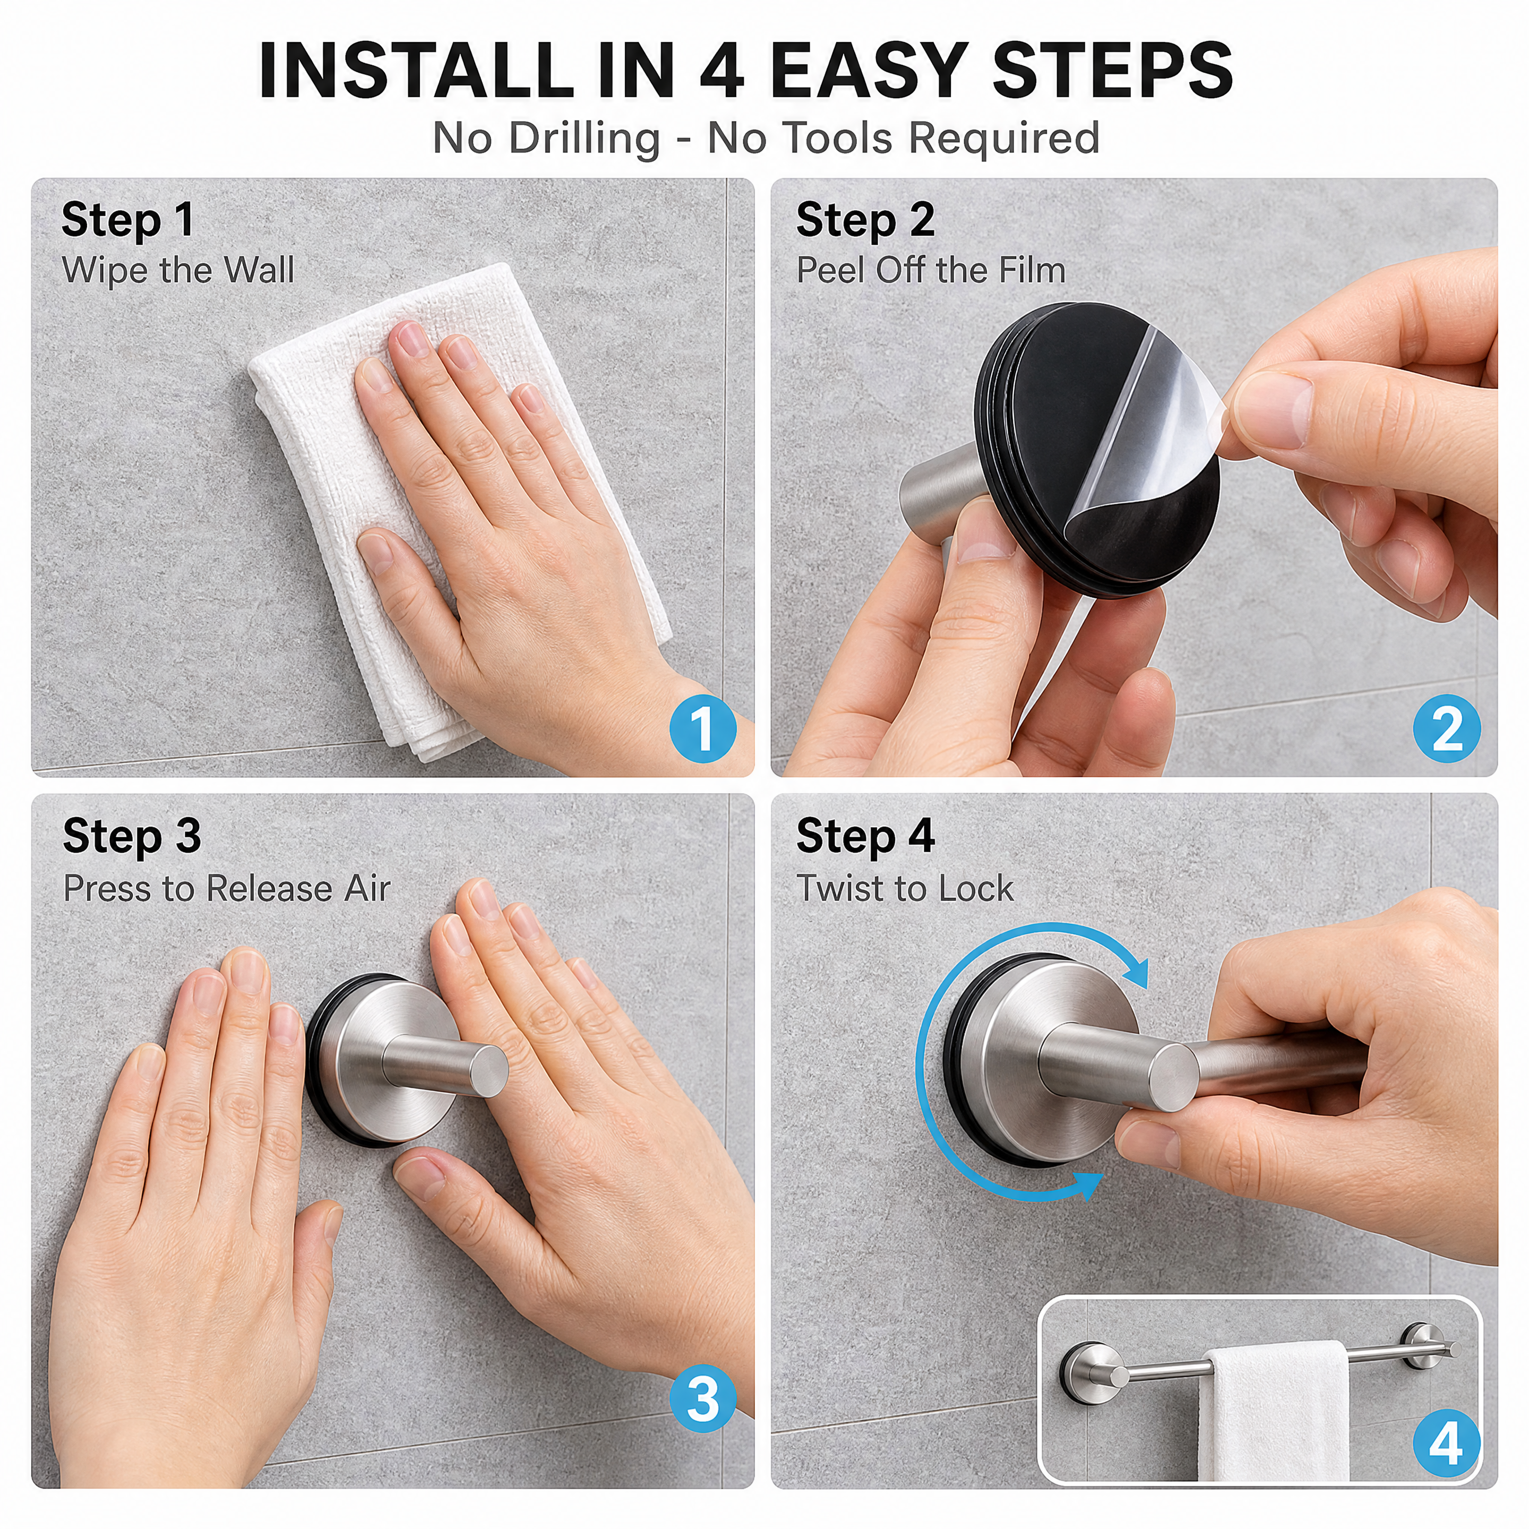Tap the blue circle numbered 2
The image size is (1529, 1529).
tap(1447, 729)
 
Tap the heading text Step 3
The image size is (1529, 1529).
tap(132, 837)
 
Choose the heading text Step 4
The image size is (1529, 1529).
tap(866, 837)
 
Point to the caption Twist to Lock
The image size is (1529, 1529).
tap(905, 889)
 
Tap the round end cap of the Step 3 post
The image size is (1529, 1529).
tap(485, 1071)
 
